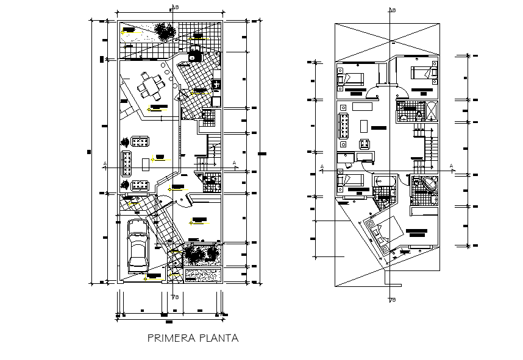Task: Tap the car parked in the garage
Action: coord(138,247)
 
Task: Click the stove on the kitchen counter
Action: coord(216,83)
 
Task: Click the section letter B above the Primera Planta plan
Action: coord(176,7)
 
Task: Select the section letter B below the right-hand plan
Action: coord(394,300)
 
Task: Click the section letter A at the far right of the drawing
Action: coord(451,165)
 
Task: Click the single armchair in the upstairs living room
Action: coord(365,144)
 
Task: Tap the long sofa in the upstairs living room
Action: coord(343,125)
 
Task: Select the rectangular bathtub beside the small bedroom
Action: coord(385,180)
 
